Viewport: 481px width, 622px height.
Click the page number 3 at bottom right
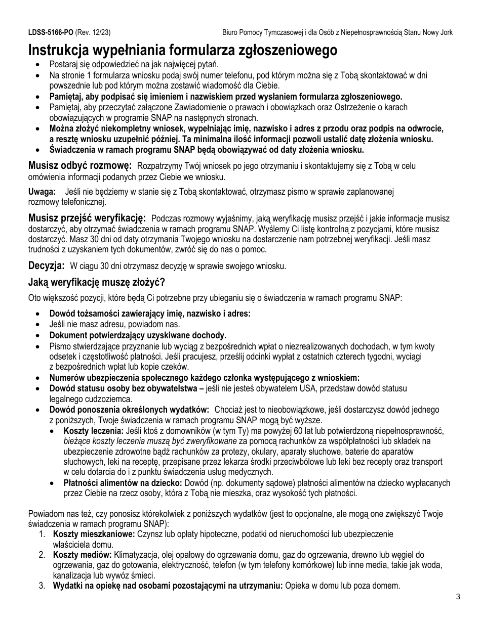[x=458, y=597]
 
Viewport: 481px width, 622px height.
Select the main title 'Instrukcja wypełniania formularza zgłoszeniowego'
[x=183, y=50]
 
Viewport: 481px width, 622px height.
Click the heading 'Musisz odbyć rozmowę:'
[x=80, y=165]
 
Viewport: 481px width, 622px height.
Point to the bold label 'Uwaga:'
[x=42, y=192]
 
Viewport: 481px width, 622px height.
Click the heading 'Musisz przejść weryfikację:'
[x=87, y=218]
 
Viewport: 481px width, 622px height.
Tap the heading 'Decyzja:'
[x=46, y=265]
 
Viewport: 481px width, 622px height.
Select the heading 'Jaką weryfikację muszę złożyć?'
[x=97, y=282]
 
